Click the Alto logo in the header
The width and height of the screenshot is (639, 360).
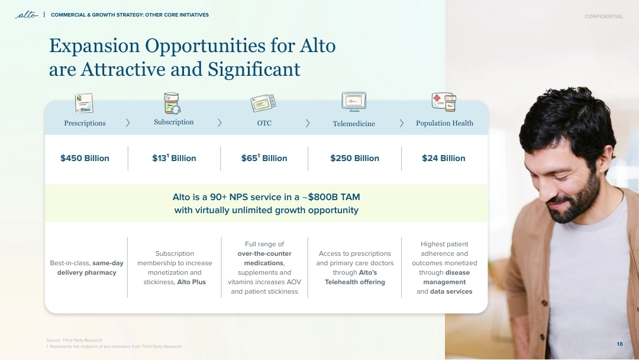click(x=27, y=15)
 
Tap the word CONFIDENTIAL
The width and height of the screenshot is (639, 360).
click(x=603, y=17)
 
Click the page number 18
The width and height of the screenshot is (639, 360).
click(x=619, y=344)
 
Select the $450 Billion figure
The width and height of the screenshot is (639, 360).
click(x=85, y=158)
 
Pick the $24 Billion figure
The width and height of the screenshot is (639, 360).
click(x=443, y=158)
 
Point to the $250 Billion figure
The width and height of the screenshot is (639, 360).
click(x=354, y=158)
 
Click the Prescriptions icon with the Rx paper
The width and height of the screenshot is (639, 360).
click(x=85, y=103)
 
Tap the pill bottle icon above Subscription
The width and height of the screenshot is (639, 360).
click(x=172, y=103)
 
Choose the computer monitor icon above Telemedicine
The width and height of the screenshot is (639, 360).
click(x=354, y=101)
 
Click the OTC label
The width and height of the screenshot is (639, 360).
click(x=264, y=123)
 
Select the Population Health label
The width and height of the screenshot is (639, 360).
click(x=444, y=123)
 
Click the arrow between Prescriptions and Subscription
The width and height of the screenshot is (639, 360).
click(x=128, y=123)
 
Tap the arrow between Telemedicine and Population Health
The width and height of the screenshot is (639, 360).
click(x=401, y=123)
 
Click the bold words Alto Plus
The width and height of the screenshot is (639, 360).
click(x=192, y=282)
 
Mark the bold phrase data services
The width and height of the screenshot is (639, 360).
click(x=451, y=291)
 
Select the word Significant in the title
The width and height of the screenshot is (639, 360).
click(x=254, y=69)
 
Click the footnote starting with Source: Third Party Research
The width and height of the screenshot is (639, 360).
click(x=74, y=340)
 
